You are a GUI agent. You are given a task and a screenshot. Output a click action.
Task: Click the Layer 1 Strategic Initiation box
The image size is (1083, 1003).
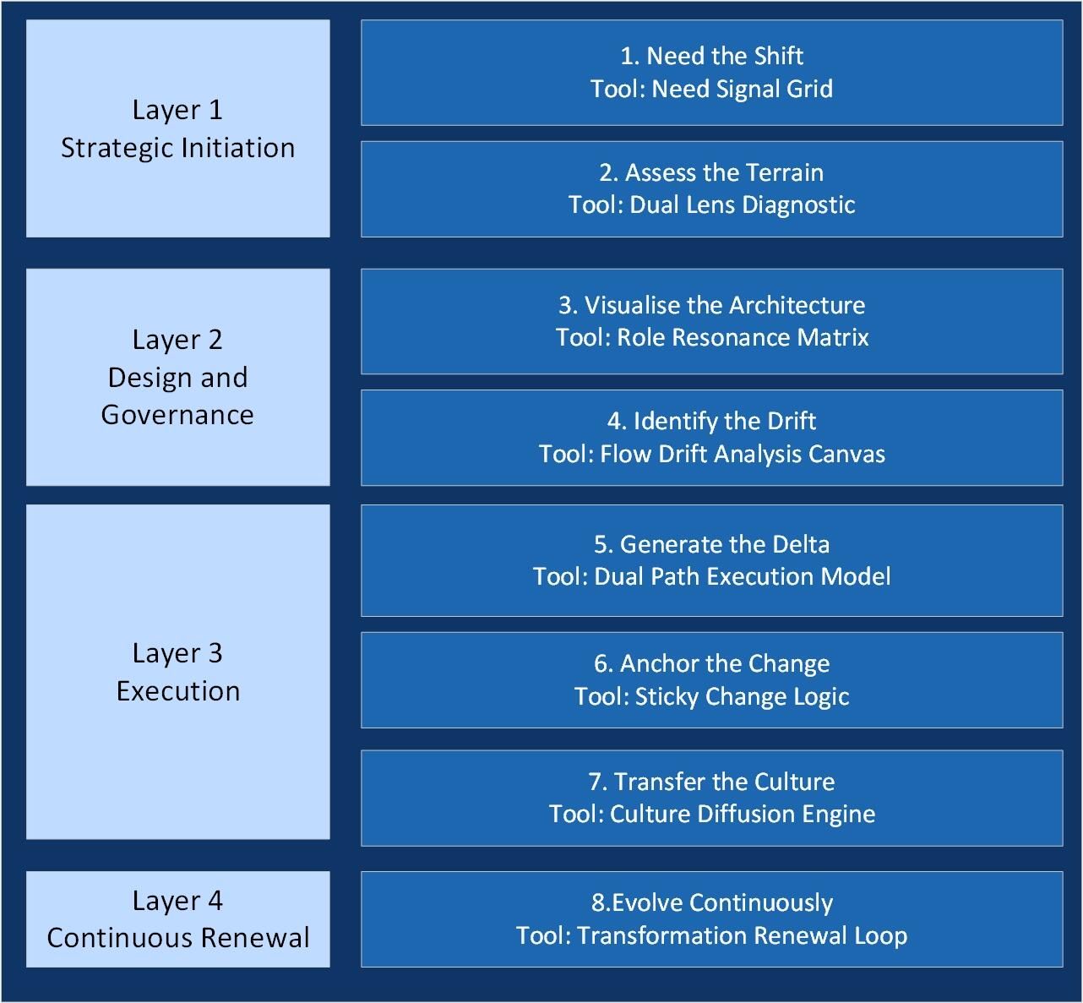pyautogui.click(x=177, y=128)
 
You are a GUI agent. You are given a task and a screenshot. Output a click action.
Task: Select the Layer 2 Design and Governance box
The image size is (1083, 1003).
pyautogui.click(x=177, y=377)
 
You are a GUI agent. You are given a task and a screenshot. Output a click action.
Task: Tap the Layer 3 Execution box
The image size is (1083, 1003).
pyautogui.click(x=177, y=672)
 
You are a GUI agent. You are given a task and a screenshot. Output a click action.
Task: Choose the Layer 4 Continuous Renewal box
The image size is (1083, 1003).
pyautogui.click(x=177, y=919)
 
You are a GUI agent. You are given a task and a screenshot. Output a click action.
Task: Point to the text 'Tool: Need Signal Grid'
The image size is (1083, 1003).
pyautogui.click(x=711, y=89)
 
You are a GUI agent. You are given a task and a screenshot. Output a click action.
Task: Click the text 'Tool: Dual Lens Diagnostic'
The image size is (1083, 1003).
pyautogui.click(x=711, y=204)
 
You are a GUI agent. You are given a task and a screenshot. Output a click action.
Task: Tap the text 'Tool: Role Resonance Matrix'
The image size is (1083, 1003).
pyautogui.click(x=711, y=338)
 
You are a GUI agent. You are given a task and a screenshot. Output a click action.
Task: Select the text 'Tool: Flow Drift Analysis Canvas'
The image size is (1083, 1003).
pyautogui.click(x=711, y=455)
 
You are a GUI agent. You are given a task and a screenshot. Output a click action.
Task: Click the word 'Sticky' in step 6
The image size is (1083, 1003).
pyautogui.click(x=667, y=697)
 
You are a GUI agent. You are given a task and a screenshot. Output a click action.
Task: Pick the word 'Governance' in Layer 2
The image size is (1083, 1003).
pyautogui.click(x=177, y=415)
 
